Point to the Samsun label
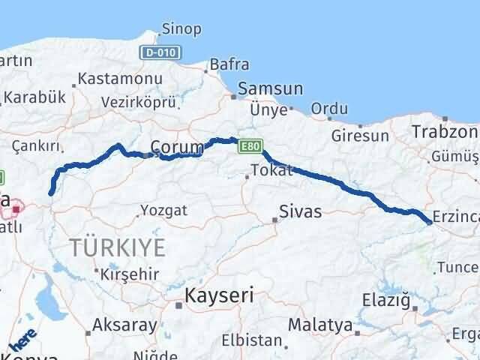(x=270, y=88)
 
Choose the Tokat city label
(x=271, y=170)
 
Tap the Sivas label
(x=300, y=211)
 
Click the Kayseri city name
(x=219, y=295)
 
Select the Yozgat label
(x=163, y=210)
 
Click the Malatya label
(x=320, y=325)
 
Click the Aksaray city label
(x=124, y=325)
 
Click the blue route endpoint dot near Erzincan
(x=428, y=222)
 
